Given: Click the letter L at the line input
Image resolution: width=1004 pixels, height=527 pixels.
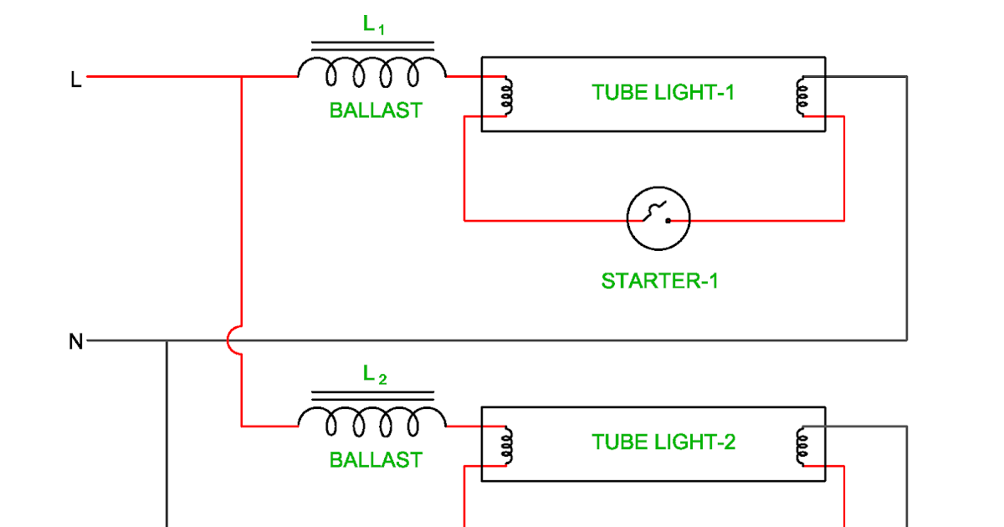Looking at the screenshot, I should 76,80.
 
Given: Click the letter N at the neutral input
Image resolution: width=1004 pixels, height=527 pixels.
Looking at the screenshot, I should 76,341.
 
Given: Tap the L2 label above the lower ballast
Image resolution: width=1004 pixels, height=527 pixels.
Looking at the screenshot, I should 374,376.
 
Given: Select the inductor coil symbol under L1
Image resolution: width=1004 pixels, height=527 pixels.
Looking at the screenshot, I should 372,73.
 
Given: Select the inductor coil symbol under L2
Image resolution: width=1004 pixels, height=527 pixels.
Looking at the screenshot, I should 372,422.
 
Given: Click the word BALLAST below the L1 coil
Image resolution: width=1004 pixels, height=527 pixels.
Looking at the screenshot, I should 376,110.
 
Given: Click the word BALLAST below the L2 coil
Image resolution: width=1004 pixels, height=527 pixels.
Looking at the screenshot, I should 376,460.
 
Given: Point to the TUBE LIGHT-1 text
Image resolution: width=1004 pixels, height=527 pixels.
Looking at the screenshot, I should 663,92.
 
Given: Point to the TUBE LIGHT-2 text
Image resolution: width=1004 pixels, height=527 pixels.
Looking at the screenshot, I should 663,442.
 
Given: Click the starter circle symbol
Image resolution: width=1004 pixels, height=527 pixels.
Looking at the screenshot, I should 658,219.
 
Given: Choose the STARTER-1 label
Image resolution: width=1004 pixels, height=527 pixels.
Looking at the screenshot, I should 659,281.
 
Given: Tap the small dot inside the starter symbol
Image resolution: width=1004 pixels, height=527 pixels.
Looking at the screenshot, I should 668,221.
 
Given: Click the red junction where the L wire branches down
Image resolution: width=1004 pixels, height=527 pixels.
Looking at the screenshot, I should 241,77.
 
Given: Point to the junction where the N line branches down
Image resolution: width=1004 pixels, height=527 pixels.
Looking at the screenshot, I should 167,341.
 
